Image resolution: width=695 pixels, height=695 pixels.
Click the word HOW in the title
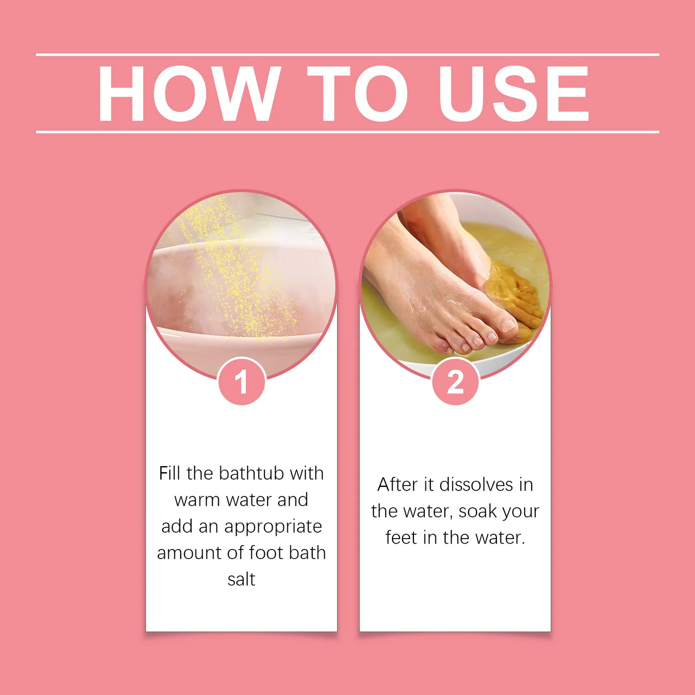[x=189, y=93]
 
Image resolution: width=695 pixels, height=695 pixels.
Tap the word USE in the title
[x=513, y=93]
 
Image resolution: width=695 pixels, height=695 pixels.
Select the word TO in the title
[x=357, y=93]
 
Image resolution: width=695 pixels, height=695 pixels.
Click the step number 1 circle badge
[x=242, y=381]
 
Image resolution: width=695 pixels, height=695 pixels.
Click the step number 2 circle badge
[x=456, y=381]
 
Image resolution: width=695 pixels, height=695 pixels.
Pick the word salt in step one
[x=241, y=579]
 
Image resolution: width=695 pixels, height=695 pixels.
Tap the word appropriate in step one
[x=273, y=527]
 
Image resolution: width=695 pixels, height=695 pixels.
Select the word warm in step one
[x=197, y=500]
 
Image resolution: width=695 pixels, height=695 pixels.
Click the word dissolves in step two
[x=476, y=485]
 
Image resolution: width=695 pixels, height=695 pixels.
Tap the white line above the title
[x=347, y=55]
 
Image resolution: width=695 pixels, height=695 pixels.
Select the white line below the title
[x=347, y=132]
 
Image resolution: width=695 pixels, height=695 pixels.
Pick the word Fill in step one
[x=169, y=473]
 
